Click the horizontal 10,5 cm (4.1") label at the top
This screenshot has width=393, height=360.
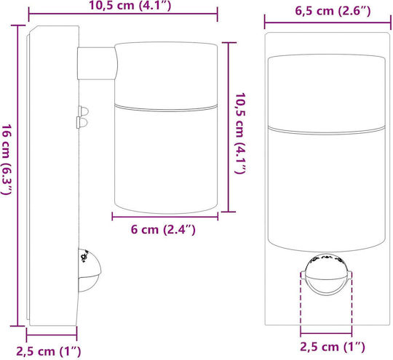(x=130, y=6)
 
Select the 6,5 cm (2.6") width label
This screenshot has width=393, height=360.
(x=333, y=12)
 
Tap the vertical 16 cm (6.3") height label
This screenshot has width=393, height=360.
(x=7, y=159)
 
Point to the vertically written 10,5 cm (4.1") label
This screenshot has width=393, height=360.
(x=240, y=133)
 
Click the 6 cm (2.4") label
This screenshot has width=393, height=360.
(x=163, y=230)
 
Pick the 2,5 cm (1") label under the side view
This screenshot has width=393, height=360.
(x=49, y=351)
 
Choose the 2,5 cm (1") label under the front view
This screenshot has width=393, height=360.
(x=333, y=347)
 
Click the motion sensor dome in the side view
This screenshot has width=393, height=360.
(x=90, y=271)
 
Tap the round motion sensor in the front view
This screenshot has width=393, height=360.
(x=326, y=274)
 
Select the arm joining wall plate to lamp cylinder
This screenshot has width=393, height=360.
(x=98, y=63)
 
